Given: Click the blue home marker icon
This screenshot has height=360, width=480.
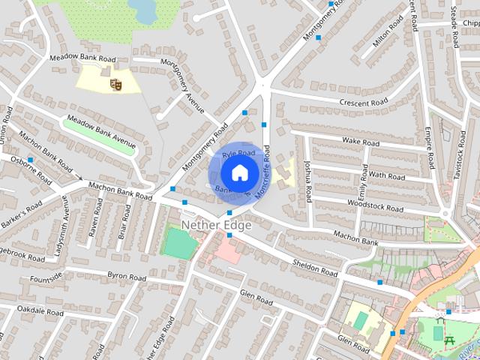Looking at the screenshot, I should click(x=238, y=172).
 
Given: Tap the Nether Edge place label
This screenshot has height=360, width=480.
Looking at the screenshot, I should click(x=216, y=224).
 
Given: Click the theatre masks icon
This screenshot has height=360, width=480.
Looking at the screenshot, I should click(x=115, y=85).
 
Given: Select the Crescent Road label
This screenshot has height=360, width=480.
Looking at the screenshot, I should click(x=363, y=102).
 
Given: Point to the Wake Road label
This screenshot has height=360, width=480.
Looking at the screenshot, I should click(x=361, y=141).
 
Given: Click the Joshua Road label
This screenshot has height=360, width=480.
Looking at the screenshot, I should click(x=307, y=181).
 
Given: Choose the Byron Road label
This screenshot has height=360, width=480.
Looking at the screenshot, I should click(x=126, y=276).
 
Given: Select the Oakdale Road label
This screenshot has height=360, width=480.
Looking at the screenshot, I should click(x=40, y=310).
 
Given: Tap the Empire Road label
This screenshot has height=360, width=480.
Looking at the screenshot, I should click(x=431, y=150).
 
